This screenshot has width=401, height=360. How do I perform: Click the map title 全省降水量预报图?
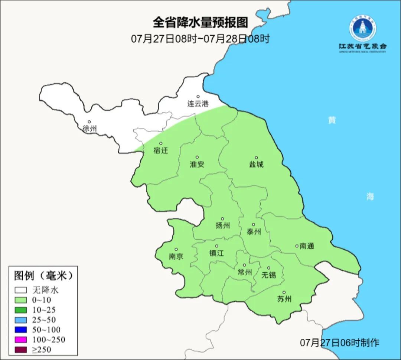200,23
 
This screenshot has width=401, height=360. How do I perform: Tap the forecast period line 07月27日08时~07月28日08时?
200,39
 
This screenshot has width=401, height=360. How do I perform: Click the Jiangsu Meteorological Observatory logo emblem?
362,28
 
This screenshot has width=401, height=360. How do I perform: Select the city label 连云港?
198,104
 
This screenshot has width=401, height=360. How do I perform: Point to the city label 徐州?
89,129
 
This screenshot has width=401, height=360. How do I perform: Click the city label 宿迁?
161,150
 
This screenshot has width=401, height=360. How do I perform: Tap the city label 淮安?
197,164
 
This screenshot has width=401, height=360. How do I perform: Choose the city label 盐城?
256,164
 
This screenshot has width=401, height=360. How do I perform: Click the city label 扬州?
223,226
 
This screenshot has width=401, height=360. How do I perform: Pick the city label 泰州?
254,232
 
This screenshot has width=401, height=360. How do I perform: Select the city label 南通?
307,246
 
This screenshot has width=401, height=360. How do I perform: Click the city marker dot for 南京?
176,250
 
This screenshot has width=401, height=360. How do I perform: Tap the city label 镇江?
217,253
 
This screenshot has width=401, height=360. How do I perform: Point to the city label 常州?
245,272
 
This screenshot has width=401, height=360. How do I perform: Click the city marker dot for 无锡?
269,268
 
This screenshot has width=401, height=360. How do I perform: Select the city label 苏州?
284,299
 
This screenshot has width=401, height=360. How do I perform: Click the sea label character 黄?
332,120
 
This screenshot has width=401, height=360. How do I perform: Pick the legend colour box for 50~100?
21,330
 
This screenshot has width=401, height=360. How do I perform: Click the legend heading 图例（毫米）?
43,276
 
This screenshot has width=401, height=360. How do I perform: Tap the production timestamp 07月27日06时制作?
340,343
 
